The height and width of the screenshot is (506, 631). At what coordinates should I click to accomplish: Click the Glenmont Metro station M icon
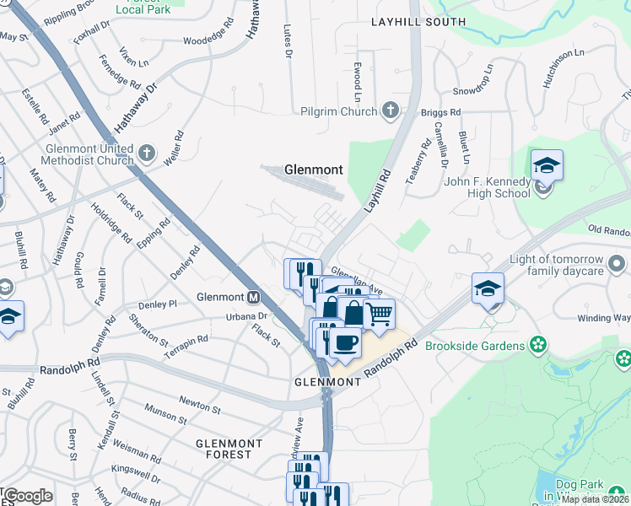(253, 297)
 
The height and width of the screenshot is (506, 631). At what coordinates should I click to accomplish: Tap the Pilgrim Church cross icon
(390, 110)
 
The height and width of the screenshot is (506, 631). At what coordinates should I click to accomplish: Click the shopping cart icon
(380, 315)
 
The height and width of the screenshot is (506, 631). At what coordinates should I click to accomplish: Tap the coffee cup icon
(344, 343)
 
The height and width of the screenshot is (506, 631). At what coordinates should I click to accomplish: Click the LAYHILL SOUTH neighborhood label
(418, 21)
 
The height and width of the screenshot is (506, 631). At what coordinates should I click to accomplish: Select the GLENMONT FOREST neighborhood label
(224, 448)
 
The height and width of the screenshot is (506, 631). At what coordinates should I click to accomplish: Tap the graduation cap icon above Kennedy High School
(547, 166)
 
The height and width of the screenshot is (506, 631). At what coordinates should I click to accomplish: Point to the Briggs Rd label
(441, 111)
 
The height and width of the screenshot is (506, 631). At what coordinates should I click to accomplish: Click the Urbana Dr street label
(247, 316)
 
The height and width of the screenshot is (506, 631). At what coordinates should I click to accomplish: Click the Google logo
(27, 495)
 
